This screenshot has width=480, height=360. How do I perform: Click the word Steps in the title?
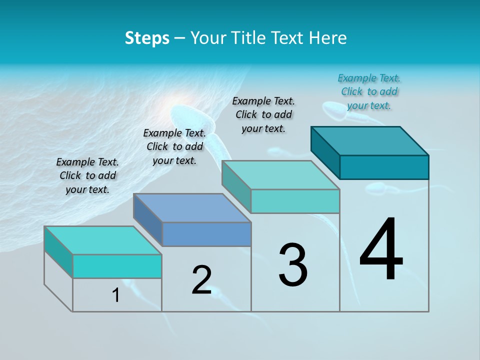[x=147, y=38]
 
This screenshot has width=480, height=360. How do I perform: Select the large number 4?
[x=381, y=250]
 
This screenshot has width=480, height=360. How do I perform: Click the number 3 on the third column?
[x=293, y=265]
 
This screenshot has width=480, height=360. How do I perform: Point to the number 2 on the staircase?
[x=201, y=280]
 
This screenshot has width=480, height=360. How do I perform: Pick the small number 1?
[x=116, y=295]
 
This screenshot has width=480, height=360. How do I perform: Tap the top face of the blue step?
[x=192, y=208]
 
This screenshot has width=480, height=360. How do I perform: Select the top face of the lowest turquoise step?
[x=103, y=240]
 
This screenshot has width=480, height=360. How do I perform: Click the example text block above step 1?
[x=87, y=176]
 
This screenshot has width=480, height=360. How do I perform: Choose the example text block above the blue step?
[x=174, y=146]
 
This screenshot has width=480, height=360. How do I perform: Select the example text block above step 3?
[x=263, y=114]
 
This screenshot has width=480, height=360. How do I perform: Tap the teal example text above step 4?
[x=369, y=91]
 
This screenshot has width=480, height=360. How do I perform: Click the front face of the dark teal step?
[x=384, y=167]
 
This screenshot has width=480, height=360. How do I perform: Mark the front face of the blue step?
[x=206, y=234]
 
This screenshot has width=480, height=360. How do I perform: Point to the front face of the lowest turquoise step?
[x=117, y=266]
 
